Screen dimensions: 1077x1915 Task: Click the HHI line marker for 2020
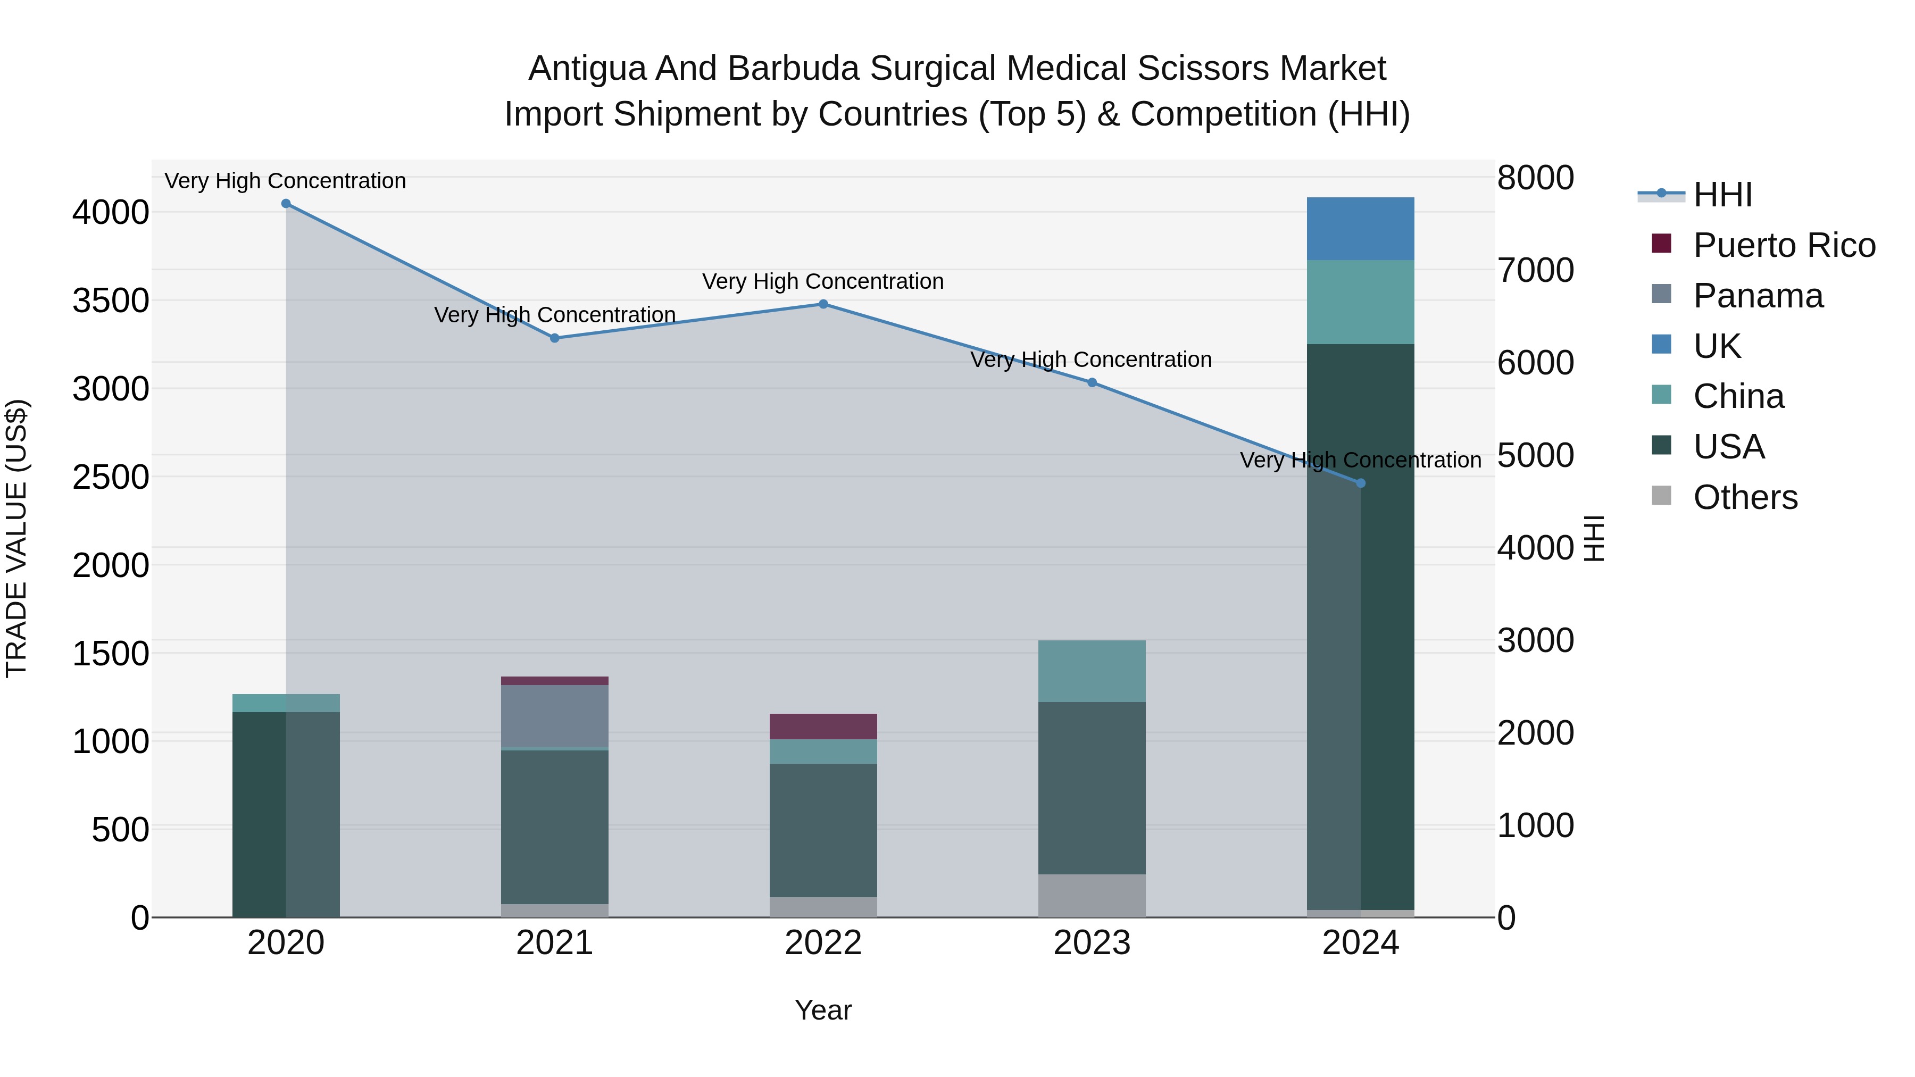(x=286, y=204)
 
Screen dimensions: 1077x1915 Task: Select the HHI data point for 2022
(x=823, y=304)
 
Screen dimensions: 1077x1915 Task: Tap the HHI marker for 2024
(x=1360, y=483)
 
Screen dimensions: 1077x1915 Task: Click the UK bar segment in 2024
(x=1360, y=229)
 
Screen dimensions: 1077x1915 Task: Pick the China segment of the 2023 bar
(x=1092, y=671)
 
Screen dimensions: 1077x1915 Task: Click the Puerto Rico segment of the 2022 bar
(x=823, y=726)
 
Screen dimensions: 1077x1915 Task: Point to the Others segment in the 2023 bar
(x=1092, y=895)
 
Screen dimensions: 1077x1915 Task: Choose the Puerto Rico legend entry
(x=1784, y=245)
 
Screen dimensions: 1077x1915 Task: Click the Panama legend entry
(x=1758, y=296)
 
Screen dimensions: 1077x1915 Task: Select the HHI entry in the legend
(x=1722, y=195)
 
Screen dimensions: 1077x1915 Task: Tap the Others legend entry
(x=1745, y=497)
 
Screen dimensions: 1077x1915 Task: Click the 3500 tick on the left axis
(x=111, y=301)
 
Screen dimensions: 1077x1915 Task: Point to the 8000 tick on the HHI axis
(x=1535, y=178)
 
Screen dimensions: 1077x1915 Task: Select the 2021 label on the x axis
(x=555, y=943)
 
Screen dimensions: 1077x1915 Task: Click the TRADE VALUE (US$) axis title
(x=16, y=538)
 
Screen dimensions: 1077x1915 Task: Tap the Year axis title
(x=823, y=1010)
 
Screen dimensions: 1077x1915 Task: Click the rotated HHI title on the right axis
(x=1594, y=538)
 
